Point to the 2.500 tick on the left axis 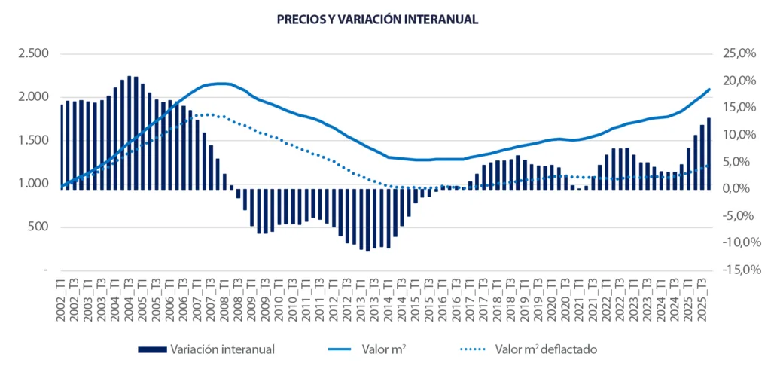[34, 53]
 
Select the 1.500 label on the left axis [34, 140]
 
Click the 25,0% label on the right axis [738, 53]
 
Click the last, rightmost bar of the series [709, 154]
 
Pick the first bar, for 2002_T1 [62, 147]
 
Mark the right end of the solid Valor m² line [709, 90]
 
